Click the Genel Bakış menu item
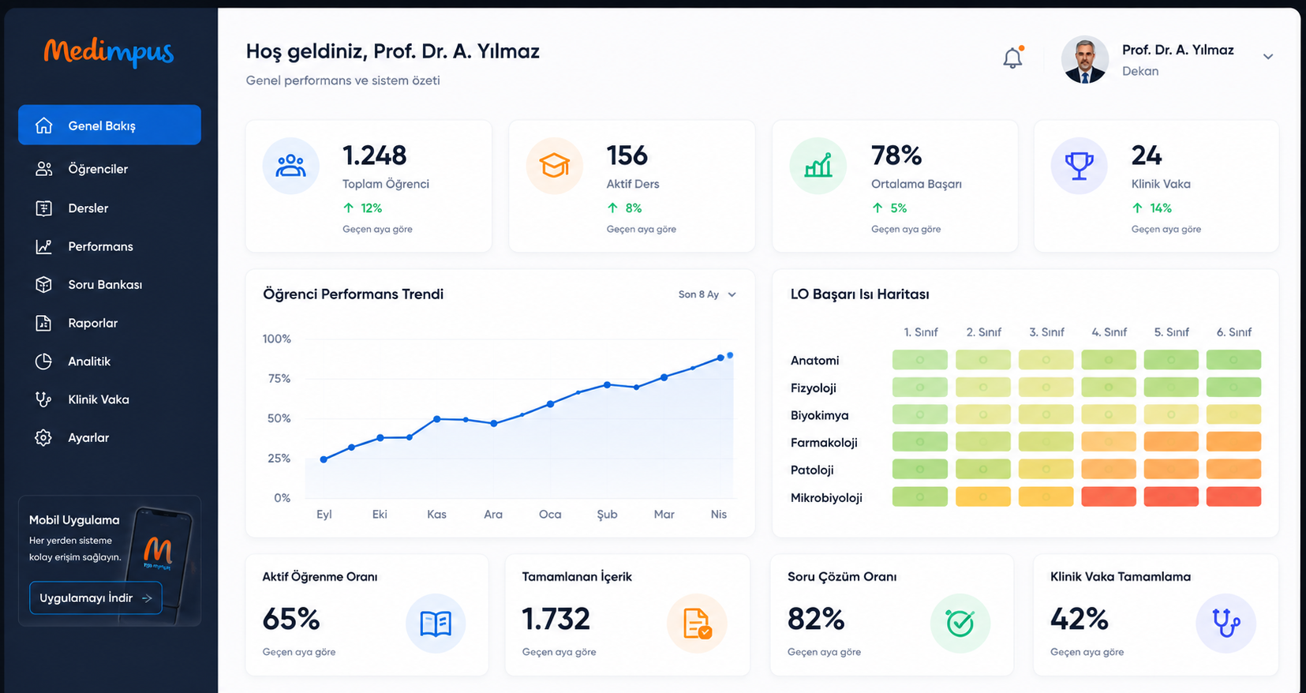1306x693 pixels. (110, 125)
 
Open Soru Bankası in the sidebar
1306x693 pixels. (105, 285)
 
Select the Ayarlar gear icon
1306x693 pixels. (43, 437)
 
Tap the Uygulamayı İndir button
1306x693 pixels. (95, 598)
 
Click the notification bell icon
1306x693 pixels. (1012, 58)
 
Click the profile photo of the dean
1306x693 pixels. (1084, 59)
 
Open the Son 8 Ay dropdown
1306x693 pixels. (706, 294)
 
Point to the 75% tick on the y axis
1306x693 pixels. (279, 379)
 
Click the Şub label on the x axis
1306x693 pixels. (607, 515)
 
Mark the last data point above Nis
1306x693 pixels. (730, 355)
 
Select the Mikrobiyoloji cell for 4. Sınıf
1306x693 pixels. (1109, 496)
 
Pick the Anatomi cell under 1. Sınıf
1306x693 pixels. (919, 360)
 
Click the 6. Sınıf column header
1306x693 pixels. (1233, 332)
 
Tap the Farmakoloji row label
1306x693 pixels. (824, 443)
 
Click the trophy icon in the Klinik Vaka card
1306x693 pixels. (1080, 166)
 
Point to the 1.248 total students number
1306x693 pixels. (374, 155)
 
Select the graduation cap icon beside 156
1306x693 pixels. (554, 166)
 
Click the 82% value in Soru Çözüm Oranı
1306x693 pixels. (816, 619)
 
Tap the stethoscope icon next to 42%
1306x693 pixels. (1226, 623)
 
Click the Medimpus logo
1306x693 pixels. (109, 53)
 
